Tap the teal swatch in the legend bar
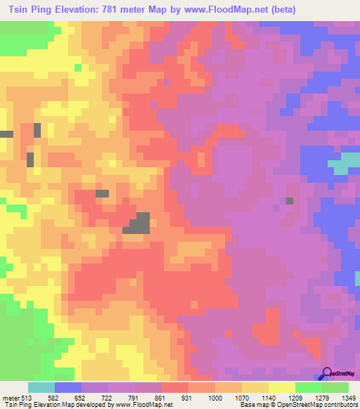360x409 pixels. coord(41,388)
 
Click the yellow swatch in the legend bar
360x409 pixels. coord(282,388)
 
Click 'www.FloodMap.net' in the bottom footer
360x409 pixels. coord(145,404)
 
